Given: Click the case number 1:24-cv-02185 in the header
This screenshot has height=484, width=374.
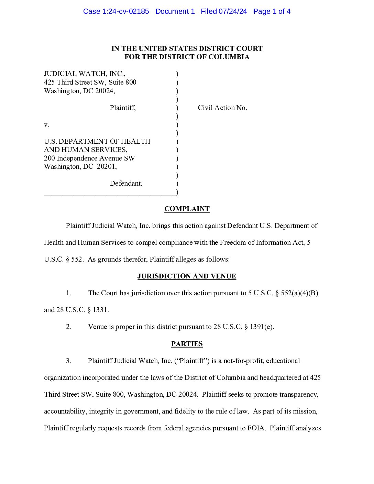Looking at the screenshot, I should [125, 11].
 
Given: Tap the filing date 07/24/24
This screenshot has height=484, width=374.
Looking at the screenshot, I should [233, 11].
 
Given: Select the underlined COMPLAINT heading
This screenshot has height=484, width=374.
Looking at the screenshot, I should [187, 209].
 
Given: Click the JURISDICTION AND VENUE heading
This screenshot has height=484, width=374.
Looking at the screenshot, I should [187, 276].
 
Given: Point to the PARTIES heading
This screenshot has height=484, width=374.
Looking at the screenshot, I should [187, 344].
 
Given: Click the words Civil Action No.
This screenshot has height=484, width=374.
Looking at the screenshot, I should [222, 108].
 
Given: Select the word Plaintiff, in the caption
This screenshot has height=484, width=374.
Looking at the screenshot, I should [123, 108].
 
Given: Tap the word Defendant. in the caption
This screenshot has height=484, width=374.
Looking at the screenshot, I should [126, 183].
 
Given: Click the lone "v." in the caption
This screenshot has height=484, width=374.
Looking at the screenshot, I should [47, 125].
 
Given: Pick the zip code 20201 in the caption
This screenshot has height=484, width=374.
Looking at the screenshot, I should [107, 166].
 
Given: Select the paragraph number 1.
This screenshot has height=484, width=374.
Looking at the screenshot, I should [69, 293].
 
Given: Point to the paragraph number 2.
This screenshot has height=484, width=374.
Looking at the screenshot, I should [69, 327].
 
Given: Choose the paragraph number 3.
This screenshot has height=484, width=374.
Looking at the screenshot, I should [69, 361].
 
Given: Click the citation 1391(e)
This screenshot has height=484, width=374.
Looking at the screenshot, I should [262, 327].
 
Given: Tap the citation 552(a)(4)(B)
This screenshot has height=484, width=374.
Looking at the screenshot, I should [299, 293].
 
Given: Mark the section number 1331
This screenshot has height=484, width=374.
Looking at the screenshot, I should [101, 310].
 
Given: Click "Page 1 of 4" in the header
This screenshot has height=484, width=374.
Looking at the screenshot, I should [272, 11].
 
